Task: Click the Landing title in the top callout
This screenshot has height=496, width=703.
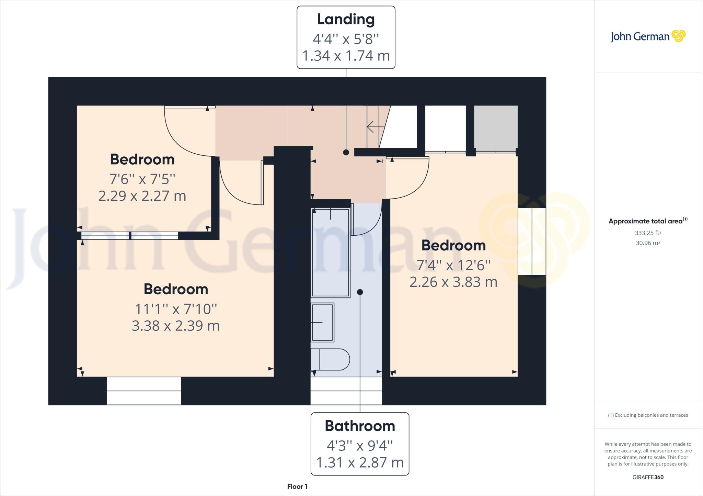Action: coord(346,20)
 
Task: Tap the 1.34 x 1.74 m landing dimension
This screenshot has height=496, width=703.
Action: coord(346,56)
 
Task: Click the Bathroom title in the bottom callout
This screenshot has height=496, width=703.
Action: coord(360,426)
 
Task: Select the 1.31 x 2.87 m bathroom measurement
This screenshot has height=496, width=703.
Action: coord(360,462)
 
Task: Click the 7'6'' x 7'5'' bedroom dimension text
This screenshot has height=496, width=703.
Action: coord(142,179)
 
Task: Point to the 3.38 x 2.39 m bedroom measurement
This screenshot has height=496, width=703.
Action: coord(176,326)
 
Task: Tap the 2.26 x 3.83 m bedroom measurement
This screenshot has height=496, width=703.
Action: coord(453,282)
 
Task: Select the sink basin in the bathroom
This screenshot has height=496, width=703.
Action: coord(322,322)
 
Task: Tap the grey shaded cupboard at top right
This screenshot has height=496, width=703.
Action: coord(495,127)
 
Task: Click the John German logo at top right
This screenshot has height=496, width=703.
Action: coord(648,36)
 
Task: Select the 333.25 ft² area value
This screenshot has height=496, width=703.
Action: coord(648,233)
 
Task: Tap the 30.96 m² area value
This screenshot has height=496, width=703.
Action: coord(648,243)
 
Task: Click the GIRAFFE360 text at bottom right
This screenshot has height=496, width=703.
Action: coord(648,477)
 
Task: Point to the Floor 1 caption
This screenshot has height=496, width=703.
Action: coord(297,486)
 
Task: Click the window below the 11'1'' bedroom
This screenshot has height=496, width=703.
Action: coord(144,391)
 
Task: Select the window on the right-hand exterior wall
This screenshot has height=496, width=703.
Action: coord(532,241)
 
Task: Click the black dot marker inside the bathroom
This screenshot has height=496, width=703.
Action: coord(360,292)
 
